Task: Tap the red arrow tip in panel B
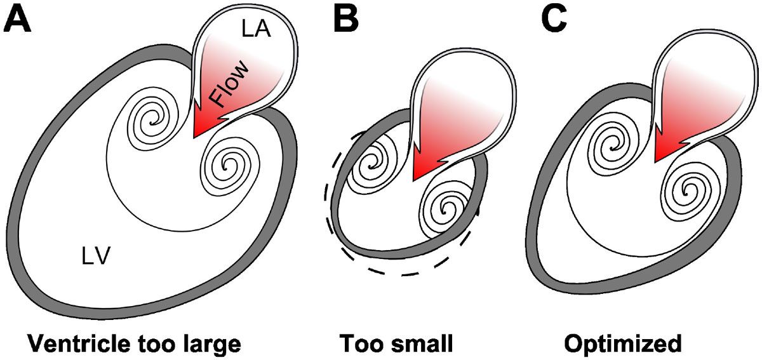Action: tap(417, 178)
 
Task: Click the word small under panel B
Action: tap(424, 343)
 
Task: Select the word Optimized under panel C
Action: tap(623, 343)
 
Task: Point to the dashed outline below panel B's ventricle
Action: tap(406, 273)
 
